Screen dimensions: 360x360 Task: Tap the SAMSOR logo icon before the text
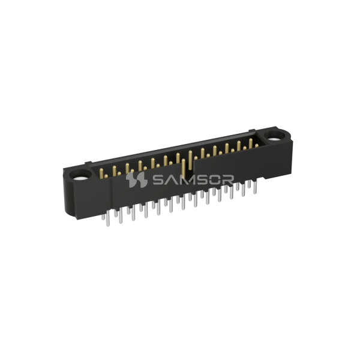tap(134, 180)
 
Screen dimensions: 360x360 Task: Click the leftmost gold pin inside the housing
tap(102, 173)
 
